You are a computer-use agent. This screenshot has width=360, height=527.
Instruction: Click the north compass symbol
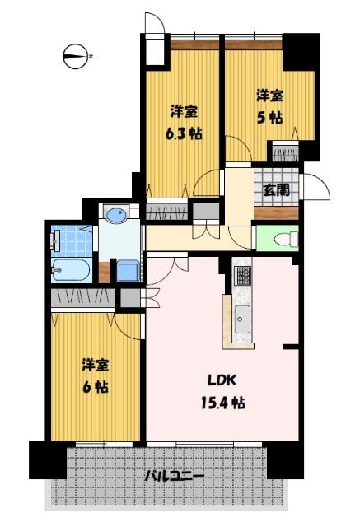coord(76,57)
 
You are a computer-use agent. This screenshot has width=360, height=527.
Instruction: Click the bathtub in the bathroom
coord(72,269)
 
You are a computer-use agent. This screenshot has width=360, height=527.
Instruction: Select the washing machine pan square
coord(128,271)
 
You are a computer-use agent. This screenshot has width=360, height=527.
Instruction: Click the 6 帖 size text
coord(96,385)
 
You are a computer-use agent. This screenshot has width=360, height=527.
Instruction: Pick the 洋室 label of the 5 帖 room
coord(269,95)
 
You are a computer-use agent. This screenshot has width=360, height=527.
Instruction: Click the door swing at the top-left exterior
coord(154,24)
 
